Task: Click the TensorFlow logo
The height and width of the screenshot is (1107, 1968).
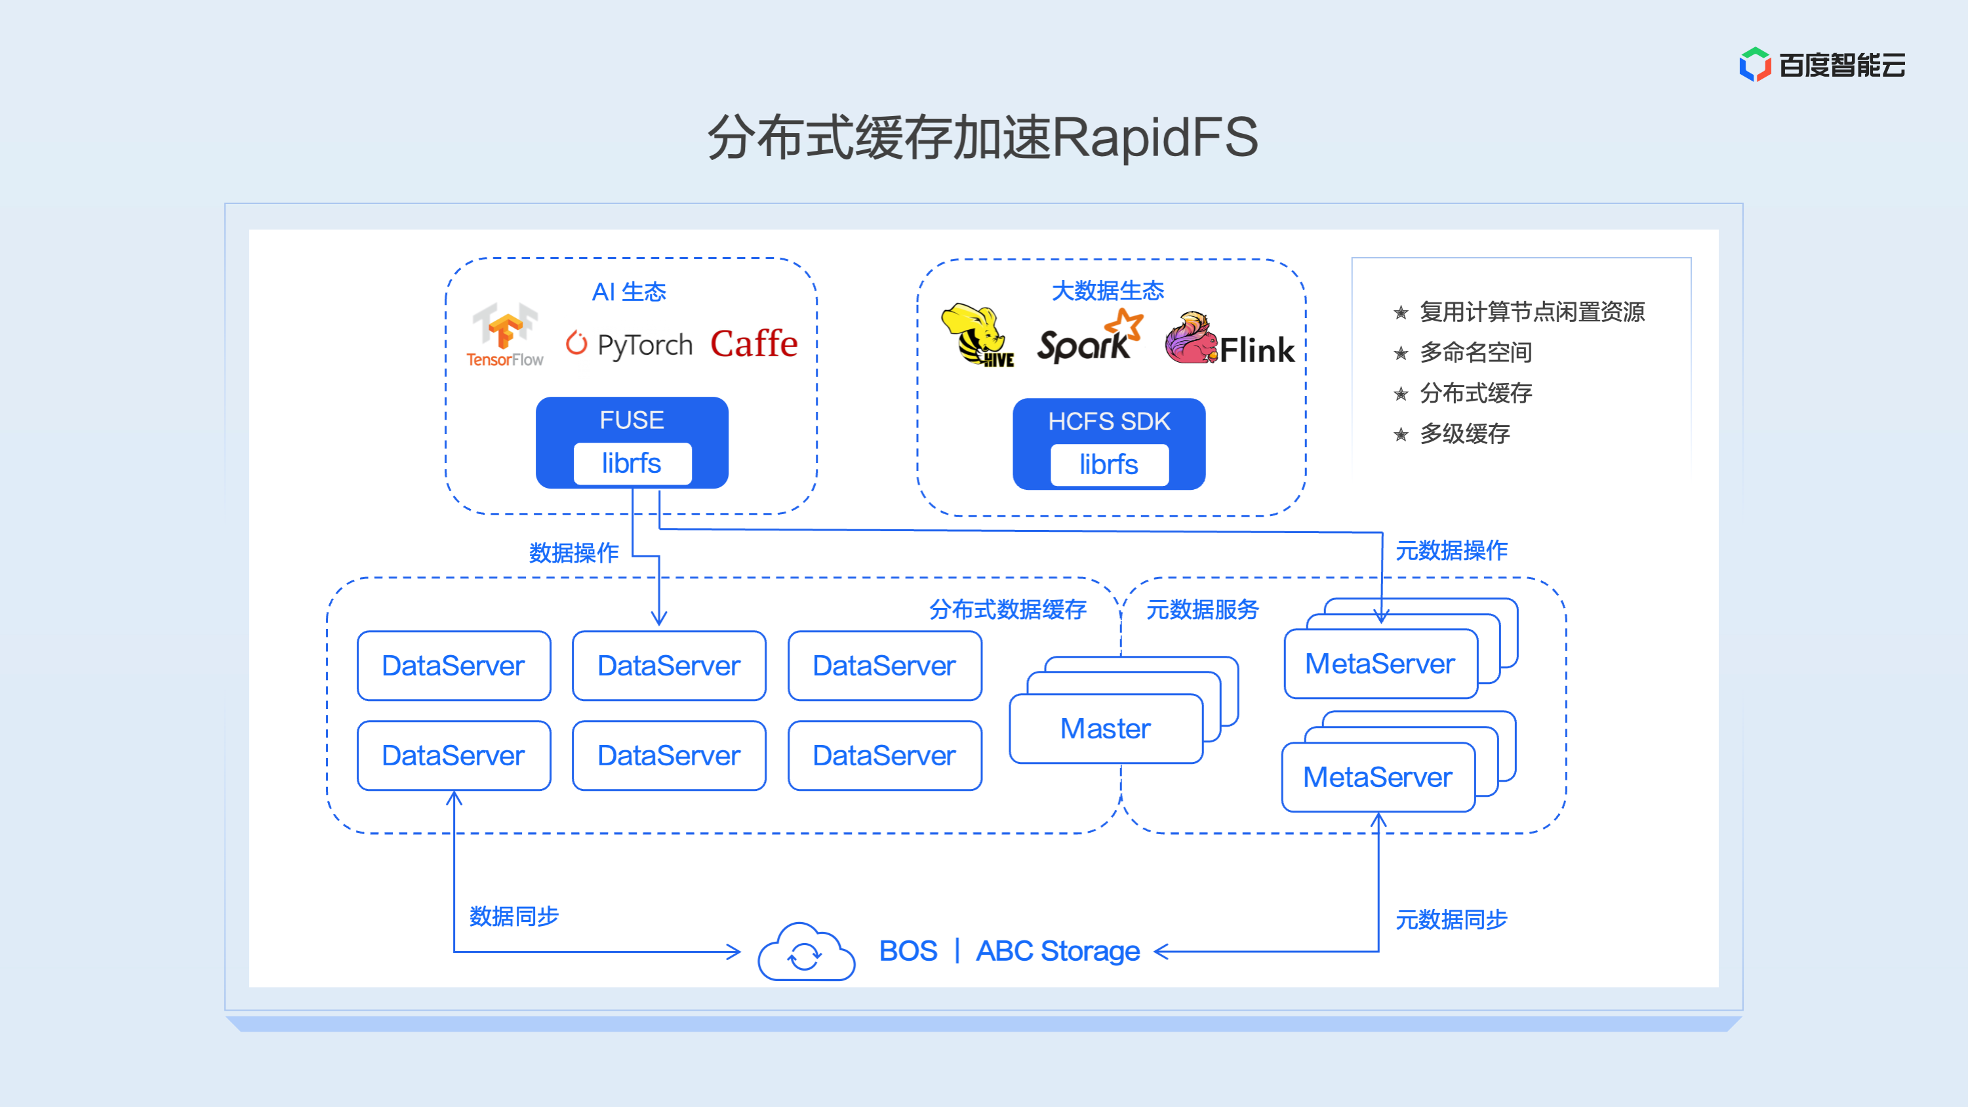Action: click(504, 334)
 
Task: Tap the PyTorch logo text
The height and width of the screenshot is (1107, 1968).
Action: click(643, 344)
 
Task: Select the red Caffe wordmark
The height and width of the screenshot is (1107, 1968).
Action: click(753, 343)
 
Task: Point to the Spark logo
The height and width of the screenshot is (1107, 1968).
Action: click(1088, 338)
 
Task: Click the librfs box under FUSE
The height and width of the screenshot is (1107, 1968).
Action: click(632, 463)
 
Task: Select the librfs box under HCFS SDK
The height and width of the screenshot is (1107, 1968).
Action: click(1108, 464)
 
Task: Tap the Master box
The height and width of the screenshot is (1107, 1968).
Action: click(1105, 728)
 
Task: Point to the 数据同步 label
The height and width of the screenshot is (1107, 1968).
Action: click(513, 916)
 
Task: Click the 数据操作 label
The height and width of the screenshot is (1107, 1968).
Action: click(574, 552)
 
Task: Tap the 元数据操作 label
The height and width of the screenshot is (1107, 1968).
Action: click(1451, 550)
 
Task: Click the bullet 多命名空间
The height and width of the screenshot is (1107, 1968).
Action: click(1476, 352)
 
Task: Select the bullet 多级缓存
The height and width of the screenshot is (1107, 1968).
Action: click(1464, 434)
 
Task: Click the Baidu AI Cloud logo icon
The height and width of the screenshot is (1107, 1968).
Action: click(1755, 64)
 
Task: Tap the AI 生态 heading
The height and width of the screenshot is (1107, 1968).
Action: click(629, 292)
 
